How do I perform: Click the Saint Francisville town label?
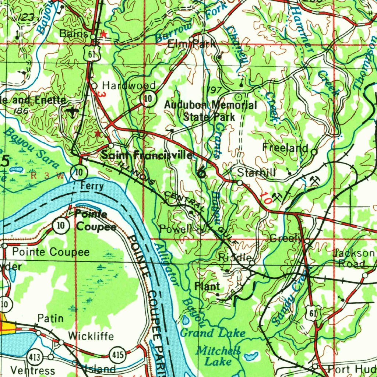click(x=147, y=155)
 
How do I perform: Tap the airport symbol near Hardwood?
click(x=72, y=111)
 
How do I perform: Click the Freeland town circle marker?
click(x=314, y=151)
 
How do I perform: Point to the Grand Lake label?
click(x=212, y=333)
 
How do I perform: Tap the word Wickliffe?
click(x=91, y=336)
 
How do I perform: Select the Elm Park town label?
click(x=191, y=44)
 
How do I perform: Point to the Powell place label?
click(x=176, y=229)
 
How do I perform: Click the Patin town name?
click(x=50, y=318)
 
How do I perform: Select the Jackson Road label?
click(x=353, y=258)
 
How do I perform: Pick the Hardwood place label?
click(x=128, y=85)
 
